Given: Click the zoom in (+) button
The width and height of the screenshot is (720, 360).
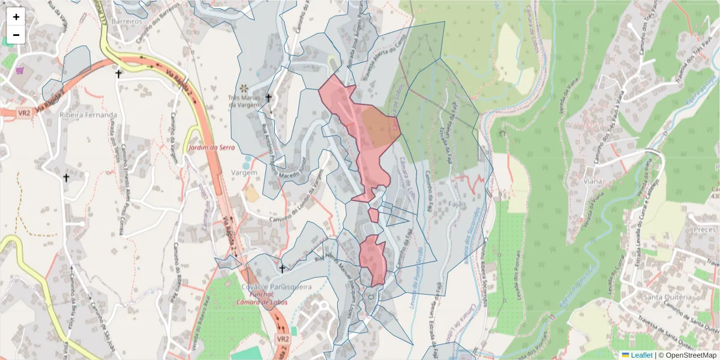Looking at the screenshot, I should point(16,17).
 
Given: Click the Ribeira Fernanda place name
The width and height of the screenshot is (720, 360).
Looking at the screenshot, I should point(88,115).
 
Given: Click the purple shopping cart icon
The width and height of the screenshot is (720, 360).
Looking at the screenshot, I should point(20,70).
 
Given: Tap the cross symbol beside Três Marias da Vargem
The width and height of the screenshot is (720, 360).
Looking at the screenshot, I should point(268,98).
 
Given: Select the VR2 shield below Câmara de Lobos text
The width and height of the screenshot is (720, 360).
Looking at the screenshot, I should point(284,339).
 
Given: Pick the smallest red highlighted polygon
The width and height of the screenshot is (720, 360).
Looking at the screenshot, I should point(373,215).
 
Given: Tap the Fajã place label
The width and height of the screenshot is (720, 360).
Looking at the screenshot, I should point(454,205).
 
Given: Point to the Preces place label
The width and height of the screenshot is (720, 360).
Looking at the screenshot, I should point(704,230).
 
